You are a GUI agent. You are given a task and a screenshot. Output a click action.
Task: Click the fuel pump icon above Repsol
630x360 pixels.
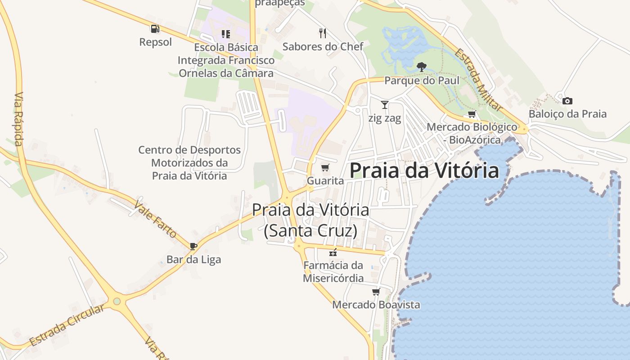[x=155, y=29]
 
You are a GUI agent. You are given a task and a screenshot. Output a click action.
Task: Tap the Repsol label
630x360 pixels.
[x=155, y=42]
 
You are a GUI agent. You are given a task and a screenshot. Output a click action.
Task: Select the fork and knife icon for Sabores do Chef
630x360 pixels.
[x=322, y=33]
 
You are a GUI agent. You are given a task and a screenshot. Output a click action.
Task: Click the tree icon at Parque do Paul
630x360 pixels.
[x=421, y=67]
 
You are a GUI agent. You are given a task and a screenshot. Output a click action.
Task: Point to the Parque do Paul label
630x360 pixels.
[x=422, y=81]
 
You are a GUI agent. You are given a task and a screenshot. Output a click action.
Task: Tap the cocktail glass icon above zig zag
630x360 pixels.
[x=384, y=105]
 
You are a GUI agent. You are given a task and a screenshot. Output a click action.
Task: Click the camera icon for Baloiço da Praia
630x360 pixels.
[x=567, y=101]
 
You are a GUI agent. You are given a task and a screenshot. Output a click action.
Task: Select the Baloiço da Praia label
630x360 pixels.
[x=567, y=114]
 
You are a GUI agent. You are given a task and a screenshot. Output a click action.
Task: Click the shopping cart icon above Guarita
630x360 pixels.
[x=325, y=168]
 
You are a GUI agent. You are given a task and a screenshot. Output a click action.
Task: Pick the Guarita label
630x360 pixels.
[x=325, y=181]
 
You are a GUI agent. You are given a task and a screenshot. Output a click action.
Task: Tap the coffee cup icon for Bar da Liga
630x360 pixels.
[x=193, y=246]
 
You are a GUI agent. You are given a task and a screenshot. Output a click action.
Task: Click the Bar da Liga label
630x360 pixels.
[x=193, y=260]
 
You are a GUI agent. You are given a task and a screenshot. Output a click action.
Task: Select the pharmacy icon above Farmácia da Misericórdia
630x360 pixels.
[x=333, y=252]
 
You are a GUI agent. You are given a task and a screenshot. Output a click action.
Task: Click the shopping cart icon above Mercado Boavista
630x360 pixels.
[x=376, y=292]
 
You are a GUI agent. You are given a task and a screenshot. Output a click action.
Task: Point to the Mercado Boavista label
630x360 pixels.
[x=376, y=305]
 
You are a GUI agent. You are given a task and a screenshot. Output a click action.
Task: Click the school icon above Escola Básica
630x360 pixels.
[x=226, y=34]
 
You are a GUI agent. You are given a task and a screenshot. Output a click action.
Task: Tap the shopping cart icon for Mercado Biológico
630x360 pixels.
[x=472, y=114]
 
